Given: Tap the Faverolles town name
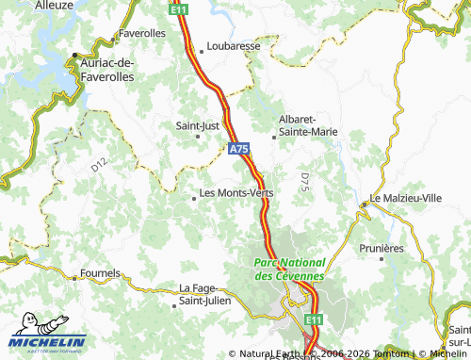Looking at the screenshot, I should pyautogui.click(x=142, y=33).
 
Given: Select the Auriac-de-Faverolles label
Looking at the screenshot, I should pyautogui.click(x=108, y=68).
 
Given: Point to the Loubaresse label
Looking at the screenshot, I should pyautogui.click(x=233, y=44).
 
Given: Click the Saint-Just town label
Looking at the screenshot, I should pyautogui.click(x=198, y=124).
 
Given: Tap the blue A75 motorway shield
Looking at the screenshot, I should pyautogui.click(x=239, y=149).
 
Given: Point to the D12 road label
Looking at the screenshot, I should pyautogui.click(x=99, y=165).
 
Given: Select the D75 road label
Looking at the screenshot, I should pyautogui.click(x=304, y=180).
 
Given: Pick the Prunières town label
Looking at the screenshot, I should pyautogui.click(x=380, y=248).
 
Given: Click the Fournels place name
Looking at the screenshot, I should pyautogui.click(x=101, y=274).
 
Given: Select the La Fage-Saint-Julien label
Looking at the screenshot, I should pyautogui.click(x=205, y=295).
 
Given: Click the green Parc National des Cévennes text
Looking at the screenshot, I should pyautogui.click(x=289, y=269).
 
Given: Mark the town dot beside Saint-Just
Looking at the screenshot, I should pyautogui.click(x=198, y=136).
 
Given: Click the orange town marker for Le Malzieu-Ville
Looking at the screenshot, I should pyautogui.click(x=364, y=204).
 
